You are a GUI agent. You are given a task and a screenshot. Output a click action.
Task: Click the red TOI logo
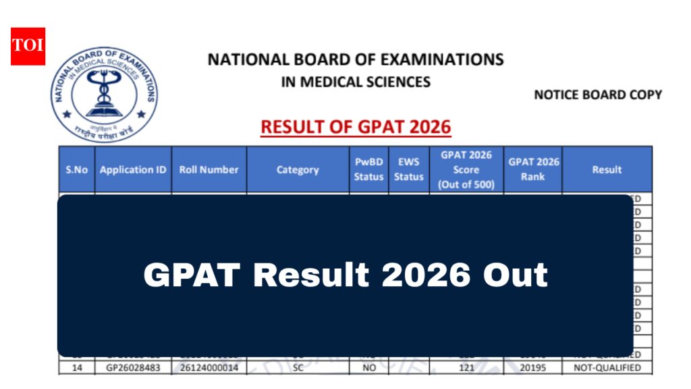[28, 47]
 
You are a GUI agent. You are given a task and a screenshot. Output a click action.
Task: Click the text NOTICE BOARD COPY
[598, 95]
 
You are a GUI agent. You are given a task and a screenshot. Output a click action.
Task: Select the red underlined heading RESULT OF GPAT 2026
[356, 127]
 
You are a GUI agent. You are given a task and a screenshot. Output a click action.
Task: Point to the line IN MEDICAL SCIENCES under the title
[356, 82]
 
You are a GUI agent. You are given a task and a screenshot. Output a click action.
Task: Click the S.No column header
[77, 170]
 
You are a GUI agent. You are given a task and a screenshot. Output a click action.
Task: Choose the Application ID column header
[133, 170]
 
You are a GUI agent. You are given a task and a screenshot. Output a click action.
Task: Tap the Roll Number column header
[209, 170]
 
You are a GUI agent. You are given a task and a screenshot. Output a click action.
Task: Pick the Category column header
[298, 170]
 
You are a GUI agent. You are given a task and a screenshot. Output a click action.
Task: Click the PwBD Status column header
[368, 170]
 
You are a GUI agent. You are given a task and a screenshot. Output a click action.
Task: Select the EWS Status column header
[409, 170]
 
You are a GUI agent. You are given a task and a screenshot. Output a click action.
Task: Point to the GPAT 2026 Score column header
[466, 170]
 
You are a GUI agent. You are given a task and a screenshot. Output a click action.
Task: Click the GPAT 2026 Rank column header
[533, 170]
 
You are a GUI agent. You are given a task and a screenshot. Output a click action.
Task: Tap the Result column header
[607, 170]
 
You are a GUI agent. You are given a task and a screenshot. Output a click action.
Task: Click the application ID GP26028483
[133, 368]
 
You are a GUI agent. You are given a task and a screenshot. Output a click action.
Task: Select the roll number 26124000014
[209, 368]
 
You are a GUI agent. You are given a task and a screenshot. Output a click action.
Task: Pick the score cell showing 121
[466, 368]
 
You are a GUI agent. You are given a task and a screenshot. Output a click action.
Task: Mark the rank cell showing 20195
[533, 368]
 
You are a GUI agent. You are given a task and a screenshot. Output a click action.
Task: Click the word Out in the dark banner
[515, 276]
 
